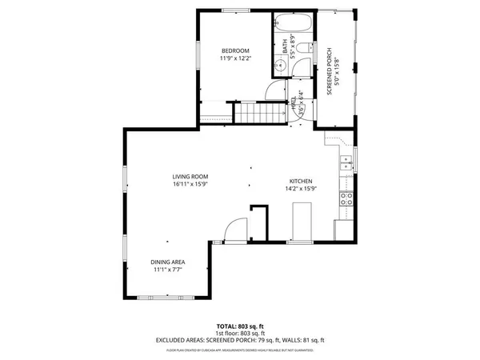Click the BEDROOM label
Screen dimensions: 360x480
(234, 50)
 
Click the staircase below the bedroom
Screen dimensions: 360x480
(259, 114)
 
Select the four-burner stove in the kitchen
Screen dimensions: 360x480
(347, 198)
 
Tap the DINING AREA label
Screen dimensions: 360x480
(168, 262)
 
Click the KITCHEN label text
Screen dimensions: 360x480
(300, 182)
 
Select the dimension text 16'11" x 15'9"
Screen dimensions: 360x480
(190, 185)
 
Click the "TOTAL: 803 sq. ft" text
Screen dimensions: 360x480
(239, 326)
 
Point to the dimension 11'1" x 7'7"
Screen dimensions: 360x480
(168, 270)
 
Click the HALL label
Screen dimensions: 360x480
(293, 104)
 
